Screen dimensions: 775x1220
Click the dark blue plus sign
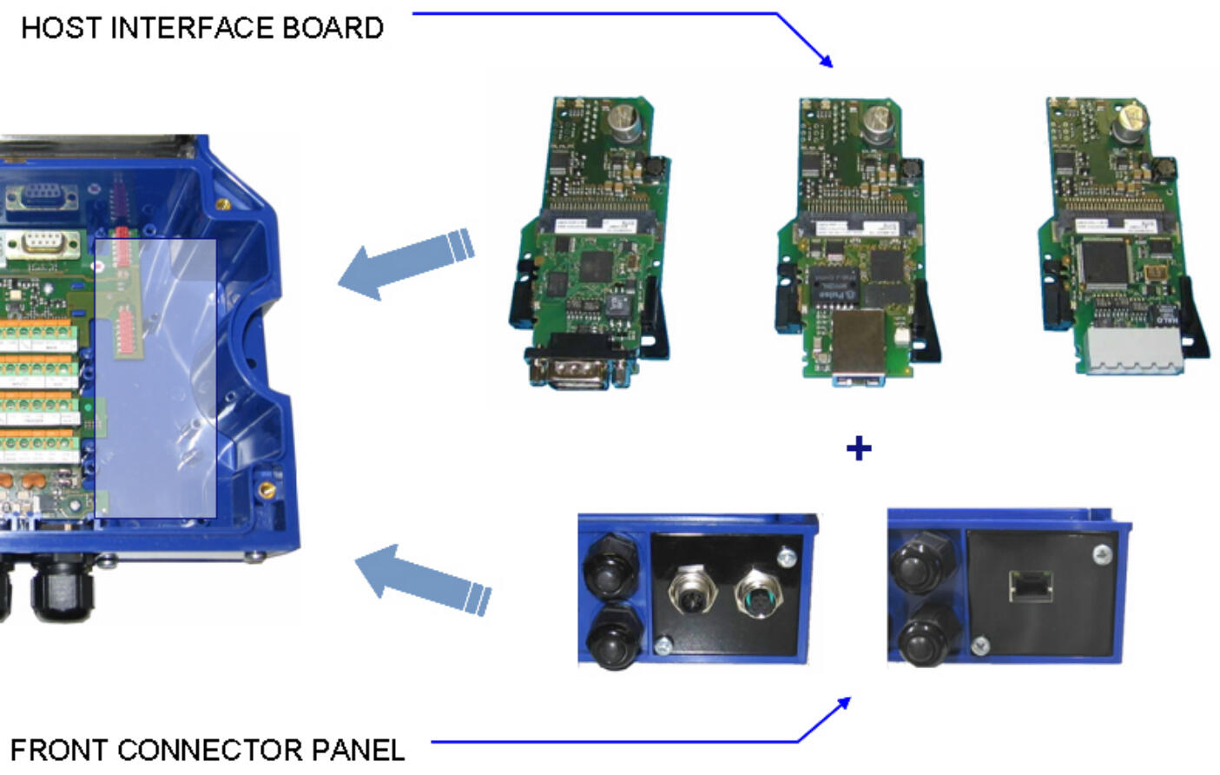coord(858,448)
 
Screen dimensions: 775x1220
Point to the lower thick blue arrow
coord(422,582)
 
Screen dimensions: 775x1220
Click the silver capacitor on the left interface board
coord(625,122)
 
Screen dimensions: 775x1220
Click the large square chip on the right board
coord(1102,262)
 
